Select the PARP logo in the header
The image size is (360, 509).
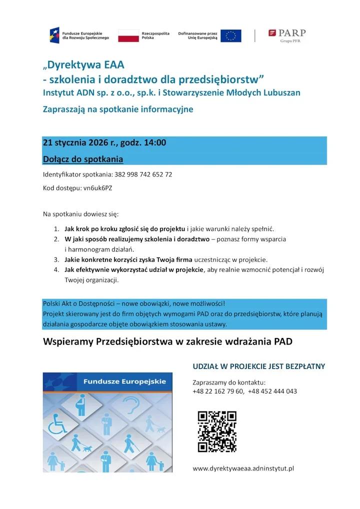tap(287, 35)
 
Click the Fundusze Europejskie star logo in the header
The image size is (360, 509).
tap(54, 35)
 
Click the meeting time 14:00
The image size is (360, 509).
tap(155, 143)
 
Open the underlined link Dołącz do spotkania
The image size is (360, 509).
tap(83, 159)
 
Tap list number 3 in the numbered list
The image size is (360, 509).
tap(56, 260)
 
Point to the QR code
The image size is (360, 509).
tap(217, 430)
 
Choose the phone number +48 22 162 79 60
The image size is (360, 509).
tap(218, 391)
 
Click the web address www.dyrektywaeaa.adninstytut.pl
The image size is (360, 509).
tap(243, 468)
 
